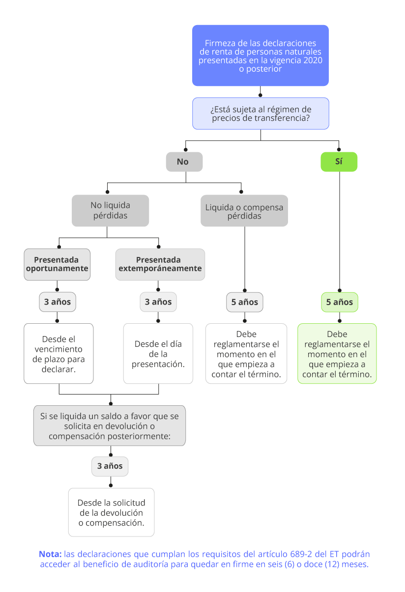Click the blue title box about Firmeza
click(260, 56)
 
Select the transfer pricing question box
click(260, 113)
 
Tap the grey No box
click(184, 162)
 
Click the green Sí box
click(339, 162)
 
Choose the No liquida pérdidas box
click(110, 211)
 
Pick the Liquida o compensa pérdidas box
click(244, 211)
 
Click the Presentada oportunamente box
click(57, 264)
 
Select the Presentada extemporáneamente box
click(160, 264)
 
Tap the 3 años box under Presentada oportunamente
click(58, 302)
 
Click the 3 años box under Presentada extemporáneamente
click(158, 302)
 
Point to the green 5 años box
click(340, 302)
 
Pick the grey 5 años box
click(245, 302)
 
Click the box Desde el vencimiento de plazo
click(58, 354)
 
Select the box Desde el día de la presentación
click(158, 354)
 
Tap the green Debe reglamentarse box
click(337, 354)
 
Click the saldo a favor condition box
click(110, 426)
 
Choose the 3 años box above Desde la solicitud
click(110, 466)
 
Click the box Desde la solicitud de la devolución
click(111, 512)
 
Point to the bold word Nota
click(50, 554)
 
